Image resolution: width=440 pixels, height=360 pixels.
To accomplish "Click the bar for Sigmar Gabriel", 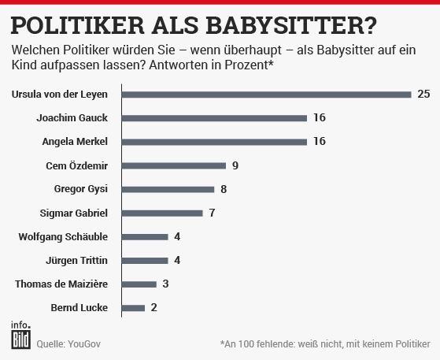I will point(163,213).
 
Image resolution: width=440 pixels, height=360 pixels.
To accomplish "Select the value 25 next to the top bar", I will point(423,95).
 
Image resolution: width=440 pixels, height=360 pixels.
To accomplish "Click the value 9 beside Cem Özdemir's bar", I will point(235,165).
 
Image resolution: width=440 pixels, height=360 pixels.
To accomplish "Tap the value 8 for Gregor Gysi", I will point(224,189).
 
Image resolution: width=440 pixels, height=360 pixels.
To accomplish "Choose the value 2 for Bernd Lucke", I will point(154,307).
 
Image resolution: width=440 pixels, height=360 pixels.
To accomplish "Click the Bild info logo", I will point(20,335).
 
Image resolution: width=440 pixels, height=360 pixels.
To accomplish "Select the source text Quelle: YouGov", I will point(68,343).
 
